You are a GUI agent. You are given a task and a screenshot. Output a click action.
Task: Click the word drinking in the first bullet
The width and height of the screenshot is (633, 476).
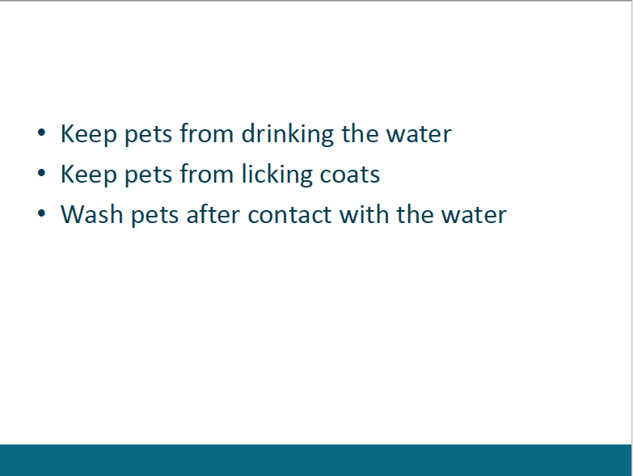(288, 134)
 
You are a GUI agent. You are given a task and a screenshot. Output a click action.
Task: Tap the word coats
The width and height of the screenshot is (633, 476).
(349, 175)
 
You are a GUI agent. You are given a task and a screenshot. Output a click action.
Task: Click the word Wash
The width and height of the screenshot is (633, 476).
(91, 214)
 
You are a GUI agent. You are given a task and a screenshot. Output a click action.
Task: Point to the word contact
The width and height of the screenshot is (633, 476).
(289, 215)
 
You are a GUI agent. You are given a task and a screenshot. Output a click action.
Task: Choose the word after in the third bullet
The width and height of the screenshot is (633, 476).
(213, 214)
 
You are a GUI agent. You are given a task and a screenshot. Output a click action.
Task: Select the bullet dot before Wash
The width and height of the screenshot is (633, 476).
(41, 213)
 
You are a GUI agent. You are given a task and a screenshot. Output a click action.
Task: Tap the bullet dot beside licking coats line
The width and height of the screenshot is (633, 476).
(41, 173)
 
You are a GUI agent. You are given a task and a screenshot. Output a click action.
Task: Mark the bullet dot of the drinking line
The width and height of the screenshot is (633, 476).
(41, 133)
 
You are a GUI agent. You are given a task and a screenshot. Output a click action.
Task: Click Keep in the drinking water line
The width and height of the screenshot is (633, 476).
(89, 134)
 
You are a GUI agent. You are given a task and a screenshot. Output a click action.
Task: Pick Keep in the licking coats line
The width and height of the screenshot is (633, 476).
(89, 175)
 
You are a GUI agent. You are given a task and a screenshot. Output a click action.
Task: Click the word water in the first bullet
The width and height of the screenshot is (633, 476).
(419, 135)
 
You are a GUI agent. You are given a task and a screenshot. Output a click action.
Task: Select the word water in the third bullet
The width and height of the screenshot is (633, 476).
(474, 216)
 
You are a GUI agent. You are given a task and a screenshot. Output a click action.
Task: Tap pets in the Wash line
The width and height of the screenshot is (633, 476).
(155, 217)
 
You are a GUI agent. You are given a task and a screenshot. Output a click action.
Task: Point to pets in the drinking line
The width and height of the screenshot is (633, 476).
(149, 136)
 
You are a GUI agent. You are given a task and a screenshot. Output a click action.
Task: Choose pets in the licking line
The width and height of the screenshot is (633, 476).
(149, 176)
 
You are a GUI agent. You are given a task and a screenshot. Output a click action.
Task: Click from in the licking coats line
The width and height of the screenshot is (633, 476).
(207, 174)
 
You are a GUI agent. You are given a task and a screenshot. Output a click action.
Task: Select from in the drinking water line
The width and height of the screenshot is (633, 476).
(207, 133)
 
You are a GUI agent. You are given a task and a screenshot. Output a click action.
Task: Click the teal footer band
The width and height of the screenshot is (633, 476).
(315, 461)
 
